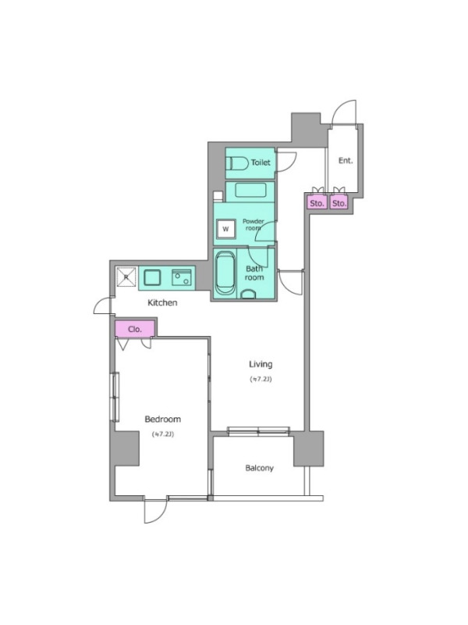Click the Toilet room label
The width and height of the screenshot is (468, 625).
pyautogui.click(x=261, y=162)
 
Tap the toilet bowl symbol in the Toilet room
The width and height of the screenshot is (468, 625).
pyautogui.click(x=236, y=163)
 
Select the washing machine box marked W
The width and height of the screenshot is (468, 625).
pyautogui.click(x=225, y=229)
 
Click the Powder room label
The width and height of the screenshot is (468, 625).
pyautogui.click(x=253, y=224)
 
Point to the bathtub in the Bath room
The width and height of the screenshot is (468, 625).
pyautogui.click(x=225, y=273)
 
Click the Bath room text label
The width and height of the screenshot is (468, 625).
pyautogui.click(x=254, y=273)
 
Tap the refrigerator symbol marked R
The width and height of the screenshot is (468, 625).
pyautogui.click(x=126, y=277)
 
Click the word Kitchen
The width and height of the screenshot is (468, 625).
pyautogui.click(x=162, y=303)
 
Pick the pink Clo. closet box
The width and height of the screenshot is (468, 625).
pyautogui.click(x=135, y=329)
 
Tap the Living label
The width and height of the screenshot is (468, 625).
pyautogui.click(x=261, y=364)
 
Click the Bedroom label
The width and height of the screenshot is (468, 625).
pyautogui.click(x=163, y=419)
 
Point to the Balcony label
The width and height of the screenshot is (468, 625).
pyautogui.click(x=260, y=468)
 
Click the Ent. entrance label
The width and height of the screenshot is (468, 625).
pyautogui.click(x=346, y=161)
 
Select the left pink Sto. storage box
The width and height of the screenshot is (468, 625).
pyautogui.click(x=317, y=203)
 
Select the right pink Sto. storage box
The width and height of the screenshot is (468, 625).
pyautogui.click(x=339, y=203)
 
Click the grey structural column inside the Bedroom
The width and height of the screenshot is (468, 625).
pyautogui.click(x=126, y=448)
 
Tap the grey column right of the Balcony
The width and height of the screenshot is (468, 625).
pyautogui.click(x=309, y=448)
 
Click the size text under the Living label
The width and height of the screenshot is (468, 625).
pyautogui.click(x=261, y=379)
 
